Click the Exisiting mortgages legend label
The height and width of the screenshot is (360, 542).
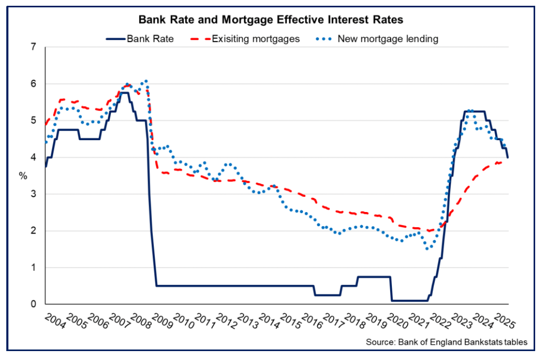pos(256,39)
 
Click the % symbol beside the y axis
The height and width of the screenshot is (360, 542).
pos(23,176)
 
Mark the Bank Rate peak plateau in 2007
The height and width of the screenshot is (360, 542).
pos(124,93)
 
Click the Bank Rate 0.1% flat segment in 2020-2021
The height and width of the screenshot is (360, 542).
pos(410,300)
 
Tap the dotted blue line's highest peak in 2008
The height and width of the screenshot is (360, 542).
pos(146,81)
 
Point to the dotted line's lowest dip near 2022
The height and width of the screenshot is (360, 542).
pos(428,248)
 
